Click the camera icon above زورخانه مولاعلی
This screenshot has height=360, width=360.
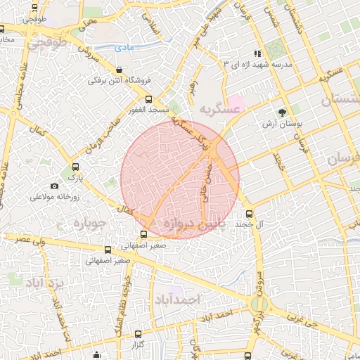click(x=54, y=186)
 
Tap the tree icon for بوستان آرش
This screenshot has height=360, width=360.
click(x=283, y=112)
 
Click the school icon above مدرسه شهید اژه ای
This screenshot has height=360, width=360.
click(x=258, y=53)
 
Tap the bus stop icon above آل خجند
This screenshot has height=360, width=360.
click(x=248, y=214)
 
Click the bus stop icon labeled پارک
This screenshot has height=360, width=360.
click(x=76, y=167)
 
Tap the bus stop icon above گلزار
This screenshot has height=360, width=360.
click(x=138, y=335)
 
